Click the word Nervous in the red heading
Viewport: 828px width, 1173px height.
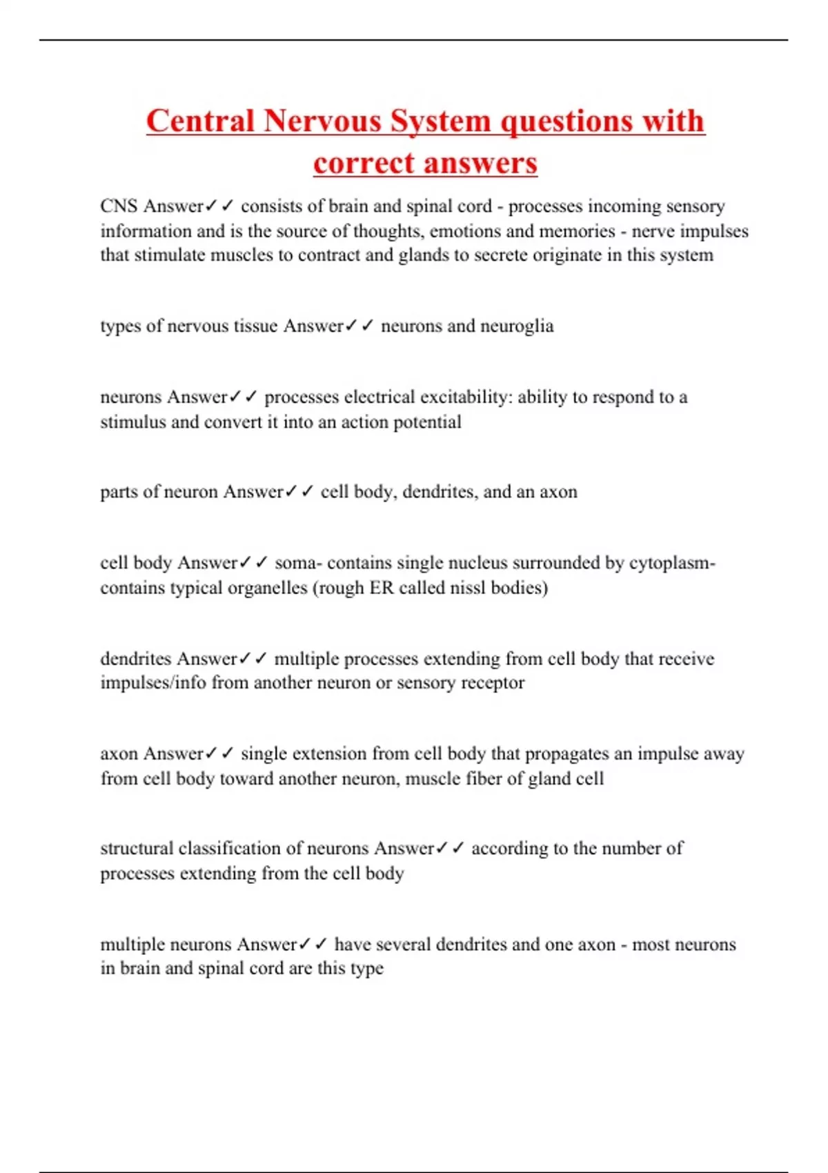pos(322,121)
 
